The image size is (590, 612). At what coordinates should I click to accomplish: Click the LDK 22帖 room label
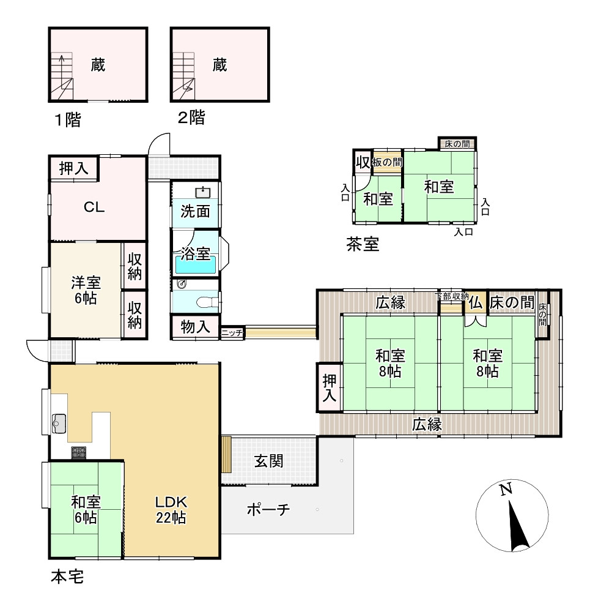(171, 509)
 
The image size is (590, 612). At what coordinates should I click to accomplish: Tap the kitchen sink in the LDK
(59, 424)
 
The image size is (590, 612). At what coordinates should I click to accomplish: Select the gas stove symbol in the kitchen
(78, 452)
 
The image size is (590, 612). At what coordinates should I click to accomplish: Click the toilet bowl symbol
(207, 302)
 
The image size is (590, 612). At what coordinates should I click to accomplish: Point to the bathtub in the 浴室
(196, 264)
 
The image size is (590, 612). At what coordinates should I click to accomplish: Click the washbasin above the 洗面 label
(203, 192)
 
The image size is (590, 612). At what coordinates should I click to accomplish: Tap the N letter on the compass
(506, 489)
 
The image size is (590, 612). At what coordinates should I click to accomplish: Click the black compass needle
(518, 525)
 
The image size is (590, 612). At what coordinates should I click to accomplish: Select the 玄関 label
(268, 461)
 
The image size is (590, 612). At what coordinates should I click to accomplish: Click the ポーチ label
(268, 509)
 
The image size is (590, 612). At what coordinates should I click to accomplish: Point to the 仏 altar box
(475, 302)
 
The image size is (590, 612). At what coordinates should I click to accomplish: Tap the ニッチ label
(232, 333)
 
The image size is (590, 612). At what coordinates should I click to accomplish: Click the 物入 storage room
(196, 327)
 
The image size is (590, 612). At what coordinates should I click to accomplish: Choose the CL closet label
(94, 207)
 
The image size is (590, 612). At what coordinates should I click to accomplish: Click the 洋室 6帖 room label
(86, 290)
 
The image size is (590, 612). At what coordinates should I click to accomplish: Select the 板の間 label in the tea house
(387, 162)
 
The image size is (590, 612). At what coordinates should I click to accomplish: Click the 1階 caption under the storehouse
(68, 119)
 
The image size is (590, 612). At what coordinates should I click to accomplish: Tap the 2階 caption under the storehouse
(191, 117)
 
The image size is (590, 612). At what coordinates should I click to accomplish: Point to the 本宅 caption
(67, 577)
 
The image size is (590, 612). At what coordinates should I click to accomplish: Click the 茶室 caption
(363, 244)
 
